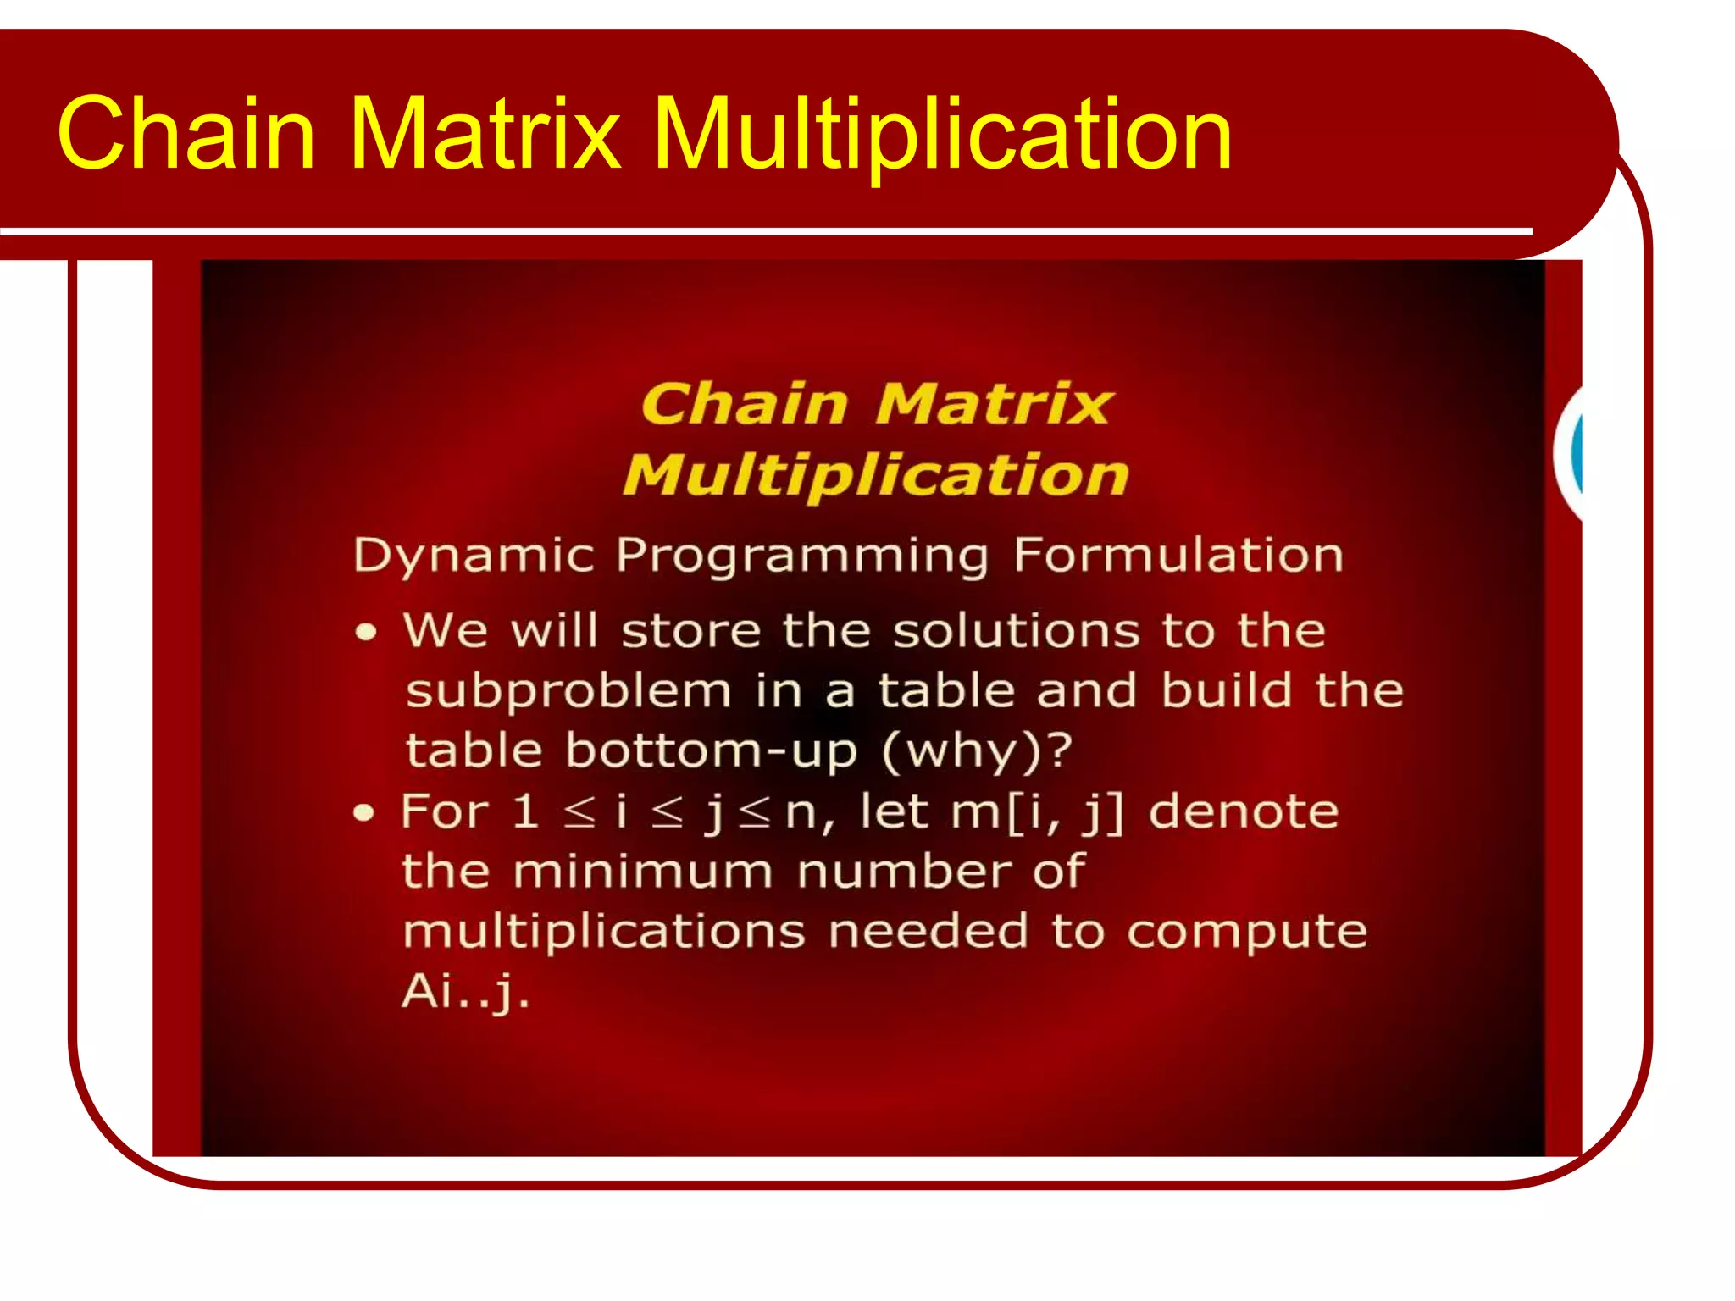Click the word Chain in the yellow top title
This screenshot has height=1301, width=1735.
186,134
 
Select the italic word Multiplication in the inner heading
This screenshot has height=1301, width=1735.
876,476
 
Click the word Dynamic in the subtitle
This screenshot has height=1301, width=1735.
474,556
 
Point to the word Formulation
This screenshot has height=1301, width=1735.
1178,556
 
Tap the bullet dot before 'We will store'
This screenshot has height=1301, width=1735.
366,633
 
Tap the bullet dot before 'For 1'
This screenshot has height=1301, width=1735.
363,813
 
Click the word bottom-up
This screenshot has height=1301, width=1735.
712,752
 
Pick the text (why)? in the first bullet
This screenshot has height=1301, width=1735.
977,752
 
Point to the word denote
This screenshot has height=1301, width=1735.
1243,811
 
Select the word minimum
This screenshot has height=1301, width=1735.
643,872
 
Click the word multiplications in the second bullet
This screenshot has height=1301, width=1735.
603,933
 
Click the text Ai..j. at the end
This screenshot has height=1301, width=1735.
465,991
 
